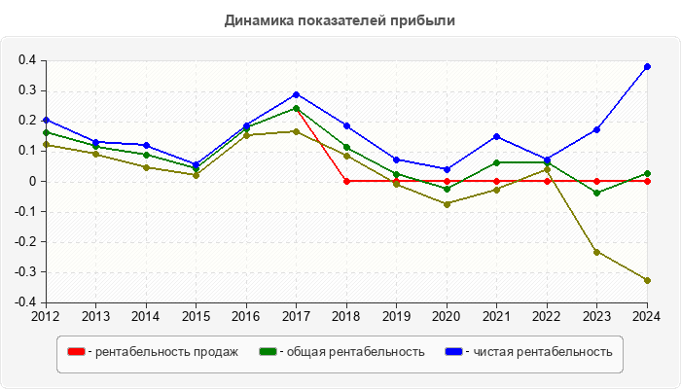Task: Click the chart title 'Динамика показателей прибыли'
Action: [340, 19]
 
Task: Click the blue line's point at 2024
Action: [647, 66]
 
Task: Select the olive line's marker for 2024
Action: [647, 280]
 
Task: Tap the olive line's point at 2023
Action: [596, 252]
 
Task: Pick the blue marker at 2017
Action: [296, 94]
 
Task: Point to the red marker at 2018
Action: [346, 181]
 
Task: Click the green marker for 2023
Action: [596, 193]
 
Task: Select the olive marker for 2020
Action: [447, 204]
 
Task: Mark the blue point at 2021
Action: [496, 136]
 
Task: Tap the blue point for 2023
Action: [596, 129]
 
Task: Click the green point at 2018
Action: [346, 148]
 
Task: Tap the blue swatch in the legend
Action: [452, 351]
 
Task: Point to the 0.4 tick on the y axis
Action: [27, 60]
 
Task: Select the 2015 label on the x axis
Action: [196, 315]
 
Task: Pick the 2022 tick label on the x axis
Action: [547, 315]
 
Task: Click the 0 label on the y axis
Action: [33, 181]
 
